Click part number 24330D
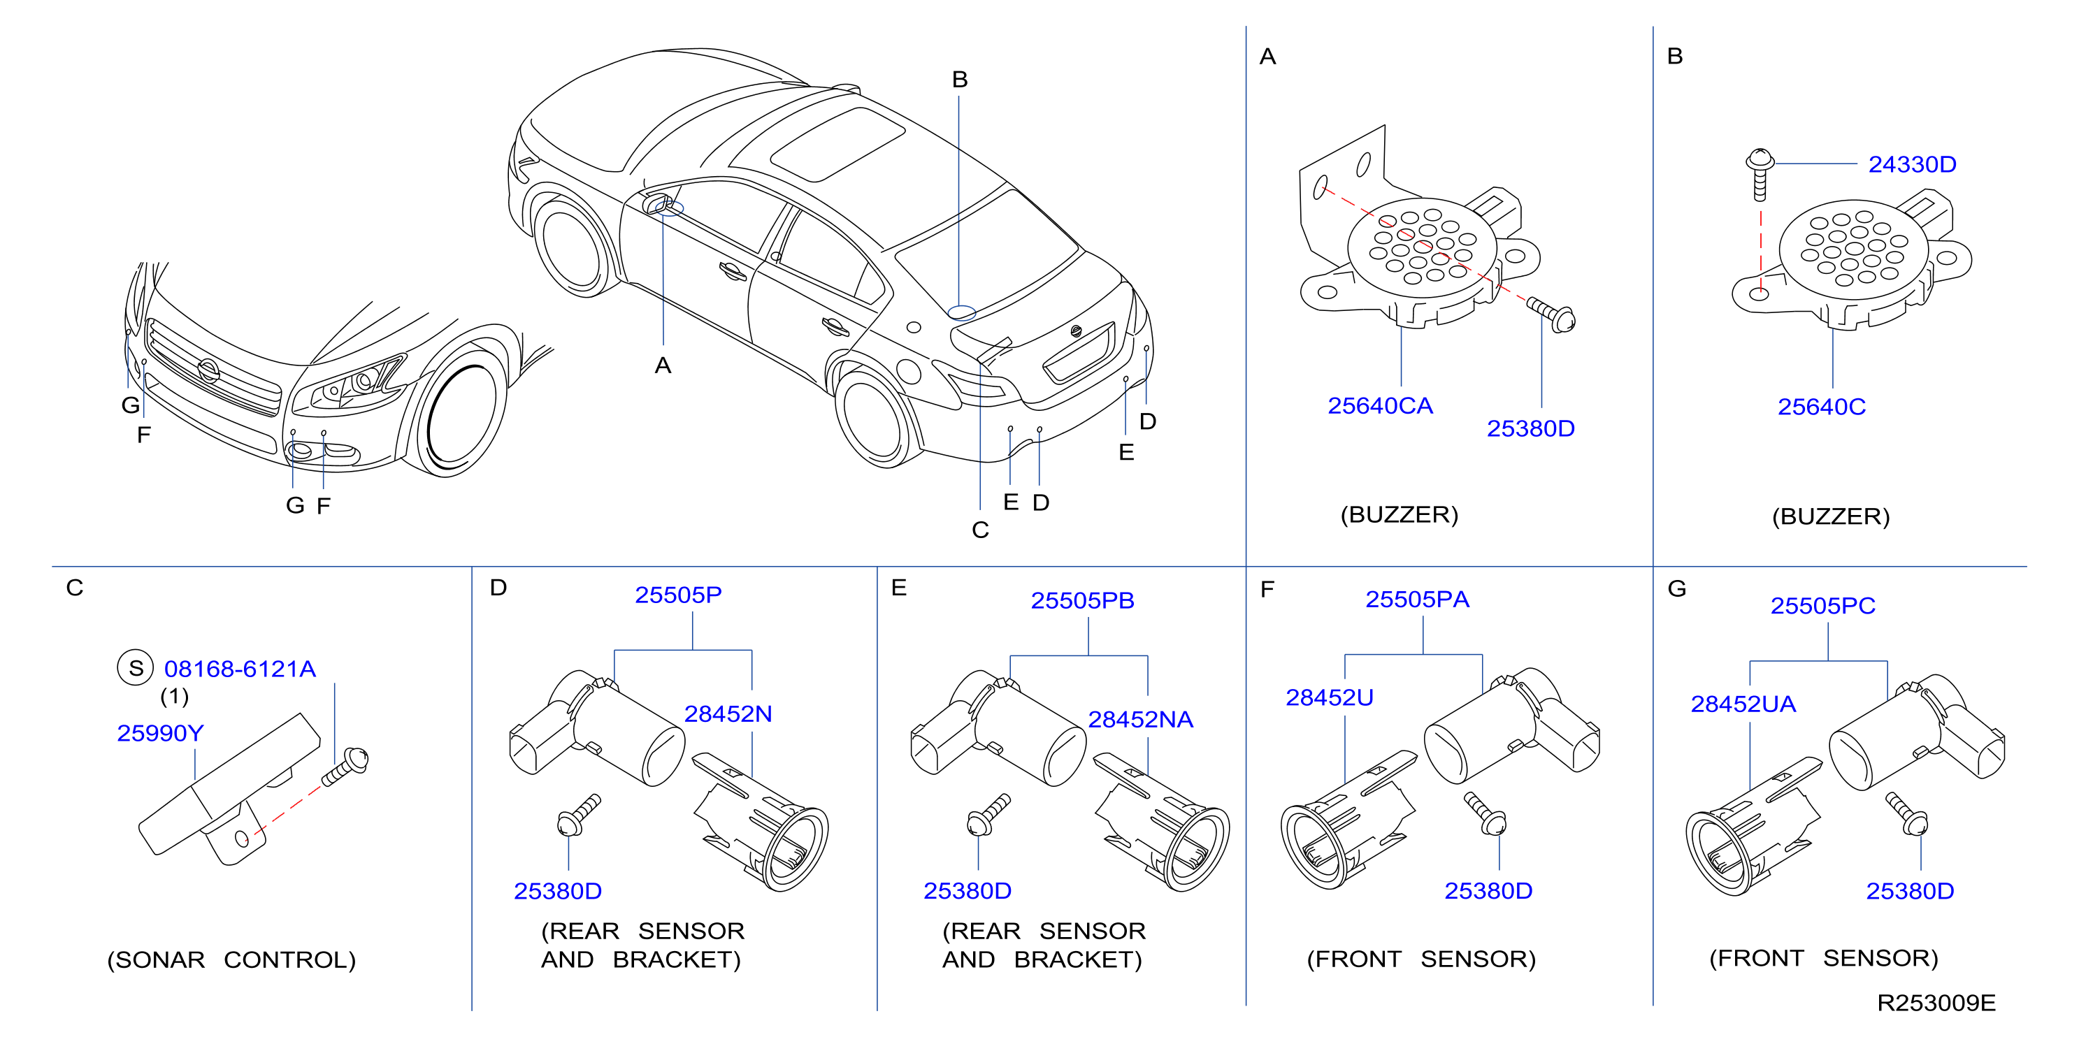point(1912,165)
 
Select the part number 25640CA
point(1380,406)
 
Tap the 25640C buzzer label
point(1822,407)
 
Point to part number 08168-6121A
point(240,669)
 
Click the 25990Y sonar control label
point(161,733)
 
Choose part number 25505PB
point(1082,600)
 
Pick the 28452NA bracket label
point(1140,719)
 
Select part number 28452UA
point(1743,704)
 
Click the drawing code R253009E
point(1936,1003)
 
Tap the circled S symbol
point(136,668)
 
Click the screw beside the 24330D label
point(1760,173)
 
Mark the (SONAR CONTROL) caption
point(231,960)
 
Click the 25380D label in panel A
point(1530,428)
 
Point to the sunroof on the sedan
point(837,144)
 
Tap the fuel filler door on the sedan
point(909,370)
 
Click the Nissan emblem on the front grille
point(208,371)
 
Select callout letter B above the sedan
point(960,79)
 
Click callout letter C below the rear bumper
point(981,530)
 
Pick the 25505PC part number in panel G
point(1822,606)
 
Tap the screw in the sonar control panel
point(345,767)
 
